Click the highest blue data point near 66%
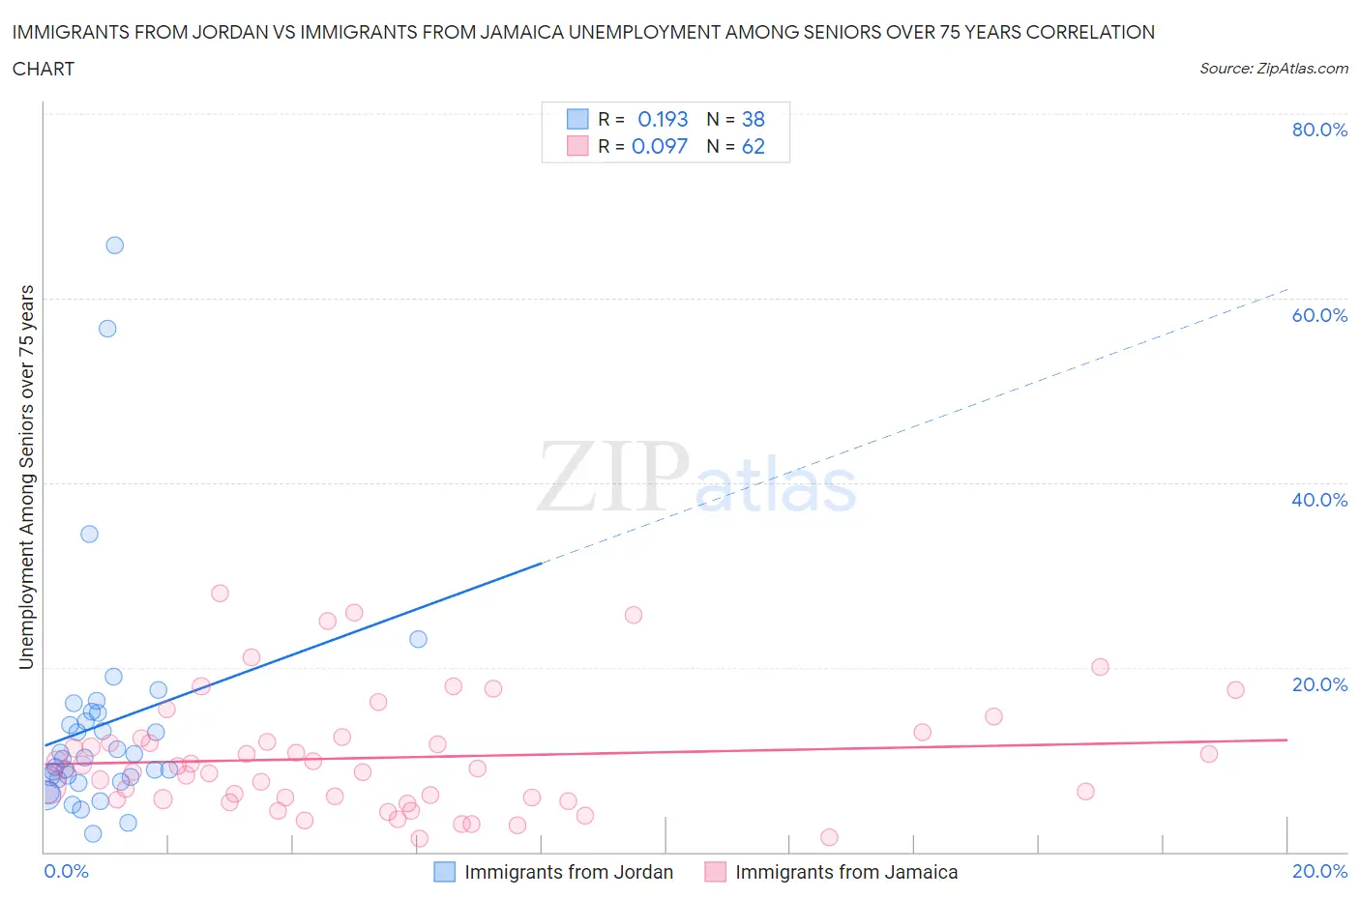114,246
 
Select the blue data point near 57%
107,329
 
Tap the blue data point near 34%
89,534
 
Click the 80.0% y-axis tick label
1319,130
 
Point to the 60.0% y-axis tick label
1319,315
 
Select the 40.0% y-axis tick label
1319,500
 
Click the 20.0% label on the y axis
1319,684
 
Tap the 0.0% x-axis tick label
66,871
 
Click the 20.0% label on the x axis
1319,871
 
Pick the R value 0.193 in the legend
663,119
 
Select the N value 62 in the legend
753,146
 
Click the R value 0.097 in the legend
660,146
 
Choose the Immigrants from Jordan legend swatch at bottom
444,872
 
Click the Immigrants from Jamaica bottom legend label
846,872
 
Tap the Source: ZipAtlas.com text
1273,69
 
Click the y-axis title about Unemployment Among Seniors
26,477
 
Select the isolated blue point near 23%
418,639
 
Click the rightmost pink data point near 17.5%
1235,690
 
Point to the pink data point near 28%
220,594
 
